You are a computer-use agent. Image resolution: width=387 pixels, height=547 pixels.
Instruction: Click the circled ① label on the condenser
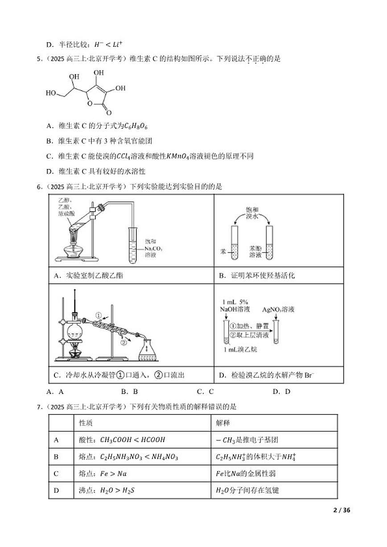point(99,316)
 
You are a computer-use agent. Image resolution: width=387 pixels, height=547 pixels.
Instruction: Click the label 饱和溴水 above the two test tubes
point(252,213)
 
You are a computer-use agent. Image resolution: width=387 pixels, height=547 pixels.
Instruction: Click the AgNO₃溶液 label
point(278,309)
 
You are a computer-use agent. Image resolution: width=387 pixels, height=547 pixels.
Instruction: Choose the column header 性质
point(86,423)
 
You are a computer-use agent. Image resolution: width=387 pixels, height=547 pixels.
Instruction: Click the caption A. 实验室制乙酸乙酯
point(88,276)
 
